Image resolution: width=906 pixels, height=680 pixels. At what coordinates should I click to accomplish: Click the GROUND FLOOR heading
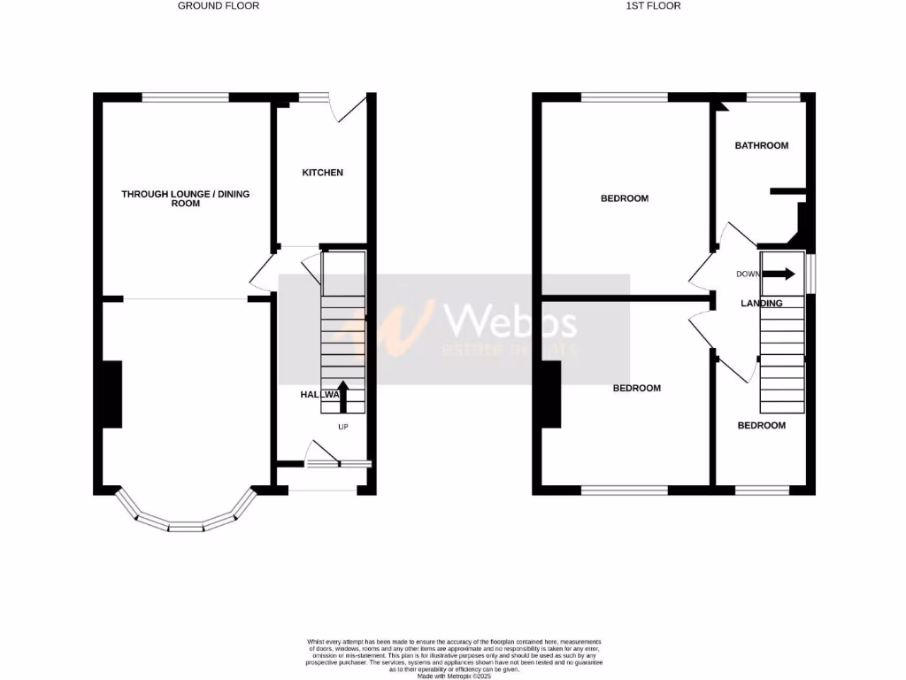point(219,5)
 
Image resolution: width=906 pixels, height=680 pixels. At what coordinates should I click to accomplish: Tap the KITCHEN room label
point(323,173)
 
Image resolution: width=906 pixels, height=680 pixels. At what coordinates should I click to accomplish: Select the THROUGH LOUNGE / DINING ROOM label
point(186,198)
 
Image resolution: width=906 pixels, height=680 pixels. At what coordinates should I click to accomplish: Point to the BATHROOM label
point(762,145)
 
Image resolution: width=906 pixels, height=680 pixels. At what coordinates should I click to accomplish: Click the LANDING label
point(762,304)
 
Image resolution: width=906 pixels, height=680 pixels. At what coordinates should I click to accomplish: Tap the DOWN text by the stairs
point(748,274)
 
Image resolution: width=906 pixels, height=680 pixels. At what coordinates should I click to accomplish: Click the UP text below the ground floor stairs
point(343,427)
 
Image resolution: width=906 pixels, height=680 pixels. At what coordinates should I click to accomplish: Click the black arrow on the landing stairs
point(779,274)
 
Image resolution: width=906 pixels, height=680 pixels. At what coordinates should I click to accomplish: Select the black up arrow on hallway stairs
point(343,397)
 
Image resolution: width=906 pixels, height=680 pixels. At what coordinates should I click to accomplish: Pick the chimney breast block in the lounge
point(112,394)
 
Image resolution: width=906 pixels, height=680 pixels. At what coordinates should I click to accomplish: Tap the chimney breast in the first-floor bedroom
point(551,394)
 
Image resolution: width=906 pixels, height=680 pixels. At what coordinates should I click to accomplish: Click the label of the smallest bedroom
point(762,426)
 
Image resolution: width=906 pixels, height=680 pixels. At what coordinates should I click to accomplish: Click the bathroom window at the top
point(773,97)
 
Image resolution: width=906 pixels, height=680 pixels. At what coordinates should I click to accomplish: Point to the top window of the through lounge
point(186,97)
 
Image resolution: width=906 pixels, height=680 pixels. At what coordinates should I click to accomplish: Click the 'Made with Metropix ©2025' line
point(453,675)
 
